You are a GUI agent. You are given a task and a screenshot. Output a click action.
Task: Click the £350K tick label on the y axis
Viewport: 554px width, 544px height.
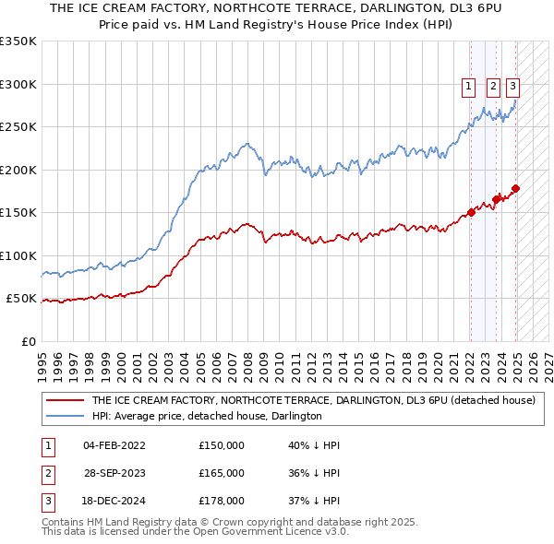click(x=18, y=41)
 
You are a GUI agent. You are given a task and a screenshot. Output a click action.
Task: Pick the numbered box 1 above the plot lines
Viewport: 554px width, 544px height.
click(x=469, y=88)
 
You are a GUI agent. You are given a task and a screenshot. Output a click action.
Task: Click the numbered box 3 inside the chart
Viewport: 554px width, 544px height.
click(x=512, y=88)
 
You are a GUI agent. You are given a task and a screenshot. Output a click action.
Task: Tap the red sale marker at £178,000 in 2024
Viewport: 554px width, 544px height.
click(x=515, y=189)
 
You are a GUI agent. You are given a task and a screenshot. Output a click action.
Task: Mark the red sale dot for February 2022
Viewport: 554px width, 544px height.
click(x=471, y=212)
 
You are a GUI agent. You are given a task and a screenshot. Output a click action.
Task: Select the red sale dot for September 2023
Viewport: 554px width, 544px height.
click(x=497, y=198)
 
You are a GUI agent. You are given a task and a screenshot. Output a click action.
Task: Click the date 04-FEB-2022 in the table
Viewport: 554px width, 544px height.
click(x=114, y=445)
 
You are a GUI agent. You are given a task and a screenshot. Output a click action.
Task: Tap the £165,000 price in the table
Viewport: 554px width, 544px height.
click(x=222, y=473)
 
